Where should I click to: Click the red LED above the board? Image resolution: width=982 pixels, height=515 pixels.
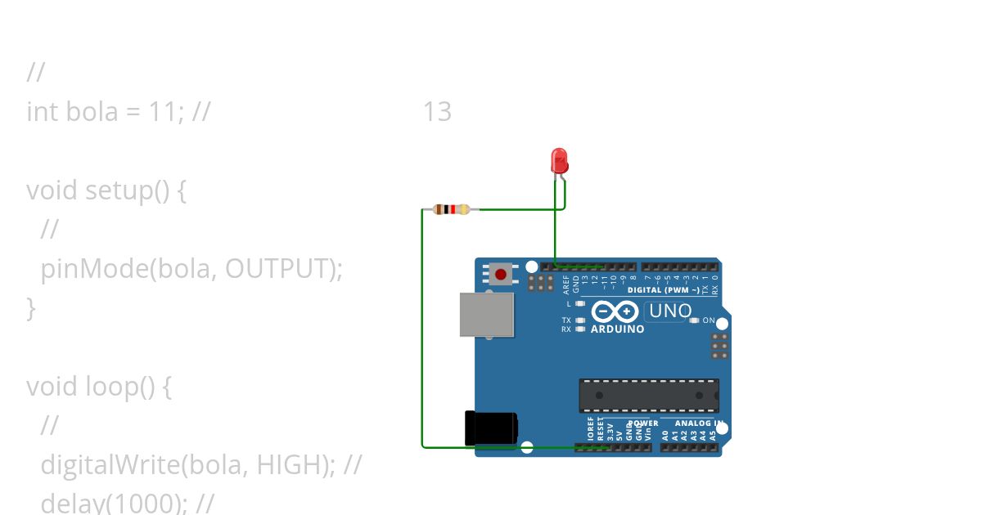[560, 159]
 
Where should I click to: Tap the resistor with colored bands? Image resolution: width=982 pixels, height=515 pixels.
[451, 209]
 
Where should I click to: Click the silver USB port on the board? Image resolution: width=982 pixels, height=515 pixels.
[486, 315]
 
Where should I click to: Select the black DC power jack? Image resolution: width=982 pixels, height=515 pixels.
[490, 428]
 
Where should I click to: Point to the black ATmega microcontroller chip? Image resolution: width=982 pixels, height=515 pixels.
[649, 395]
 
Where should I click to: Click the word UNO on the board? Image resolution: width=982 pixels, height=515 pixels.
[670, 311]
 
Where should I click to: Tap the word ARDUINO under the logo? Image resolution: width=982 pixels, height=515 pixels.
[617, 329]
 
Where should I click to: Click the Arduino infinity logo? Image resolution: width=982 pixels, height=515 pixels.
[615, 311]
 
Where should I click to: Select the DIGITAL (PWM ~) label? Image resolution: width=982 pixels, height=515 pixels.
[663, 290]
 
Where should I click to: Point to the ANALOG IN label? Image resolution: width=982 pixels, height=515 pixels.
[698, 423]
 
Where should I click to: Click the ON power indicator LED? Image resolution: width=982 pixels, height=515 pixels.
[694, 320]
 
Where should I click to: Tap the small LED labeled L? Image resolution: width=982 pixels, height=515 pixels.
[580, 303]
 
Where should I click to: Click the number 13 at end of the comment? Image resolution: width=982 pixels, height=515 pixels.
[437, 111]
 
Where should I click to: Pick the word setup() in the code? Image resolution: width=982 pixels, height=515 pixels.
[127, 190]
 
